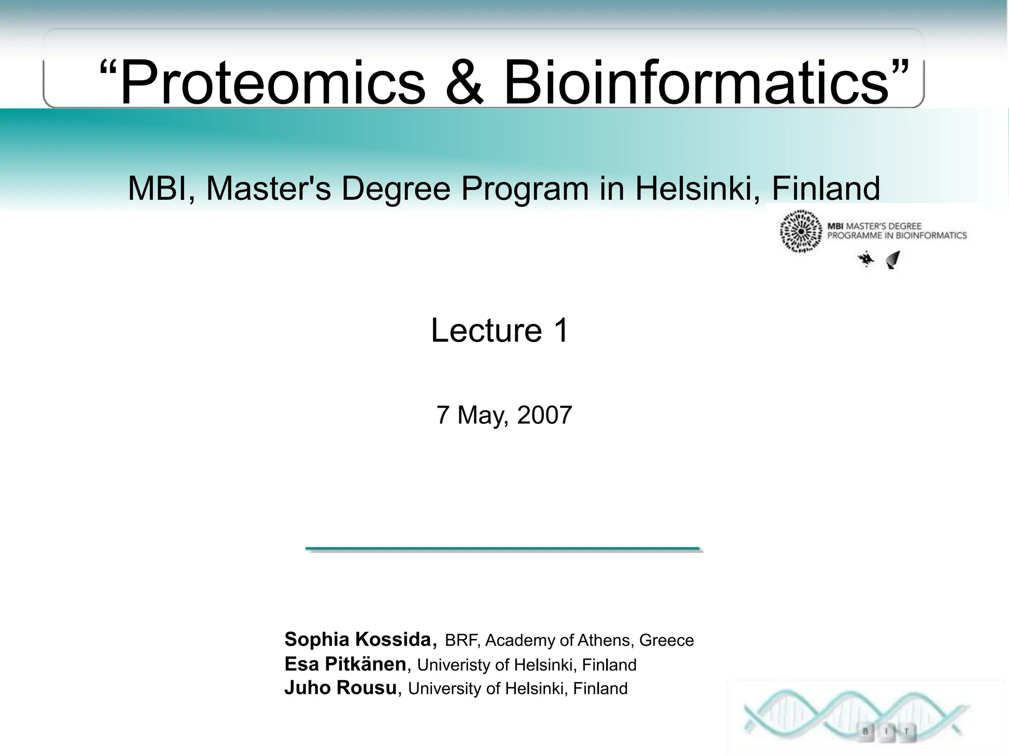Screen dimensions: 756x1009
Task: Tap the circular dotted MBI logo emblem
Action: (x=801, y=231)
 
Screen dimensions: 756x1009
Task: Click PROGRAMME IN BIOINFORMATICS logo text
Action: (x=897, y=236)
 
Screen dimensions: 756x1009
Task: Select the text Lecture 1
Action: (x=500, y=330)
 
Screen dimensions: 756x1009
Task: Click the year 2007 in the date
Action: (x=544, y=415)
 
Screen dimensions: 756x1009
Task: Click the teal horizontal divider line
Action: (x=503, y=548)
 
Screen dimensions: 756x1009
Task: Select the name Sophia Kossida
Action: (x=359, y=639)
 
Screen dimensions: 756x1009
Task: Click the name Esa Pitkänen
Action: (x=345, y=664)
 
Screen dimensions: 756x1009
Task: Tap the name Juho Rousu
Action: (x=340, y=688)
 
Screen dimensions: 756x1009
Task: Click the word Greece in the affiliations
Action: (x=666, y=640)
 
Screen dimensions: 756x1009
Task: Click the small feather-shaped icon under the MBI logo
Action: (x=893, y=259)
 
